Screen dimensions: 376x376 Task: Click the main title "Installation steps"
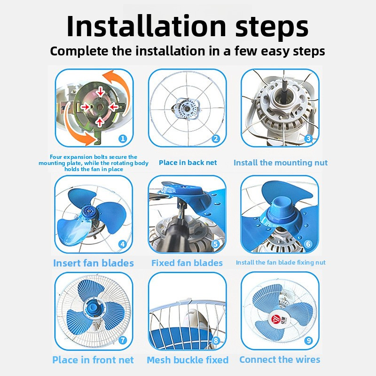click(188, 26)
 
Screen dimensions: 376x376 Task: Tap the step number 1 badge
click(123, 138)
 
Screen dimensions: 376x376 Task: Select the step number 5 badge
click(215, 244)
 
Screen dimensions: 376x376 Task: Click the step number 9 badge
click(308, 340)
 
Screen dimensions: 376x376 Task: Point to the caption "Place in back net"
click(188, 163)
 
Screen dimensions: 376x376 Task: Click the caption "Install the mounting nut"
click(281, 163)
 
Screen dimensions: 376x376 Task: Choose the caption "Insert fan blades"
click(94, 263)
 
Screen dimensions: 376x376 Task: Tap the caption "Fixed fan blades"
click(187, 263)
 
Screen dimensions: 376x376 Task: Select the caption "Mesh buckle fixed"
click(188, 360)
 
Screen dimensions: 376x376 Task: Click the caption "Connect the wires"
click(280, 360)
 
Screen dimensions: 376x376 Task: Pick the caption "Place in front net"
click(93, 360)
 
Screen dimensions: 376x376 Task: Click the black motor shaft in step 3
click(285, 90)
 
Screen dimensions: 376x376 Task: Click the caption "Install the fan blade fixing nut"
click(281, 263)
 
